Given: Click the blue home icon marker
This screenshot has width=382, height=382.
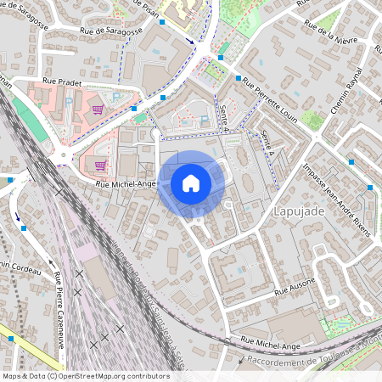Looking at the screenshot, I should click(x=191, y=183).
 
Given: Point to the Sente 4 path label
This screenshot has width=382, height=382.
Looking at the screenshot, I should click(x=223, y=113).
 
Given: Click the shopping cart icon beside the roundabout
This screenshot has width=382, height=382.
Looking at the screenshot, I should click(x=100, y=166).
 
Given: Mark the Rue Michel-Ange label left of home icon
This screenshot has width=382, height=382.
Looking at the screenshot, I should click(x=125, y=183).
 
